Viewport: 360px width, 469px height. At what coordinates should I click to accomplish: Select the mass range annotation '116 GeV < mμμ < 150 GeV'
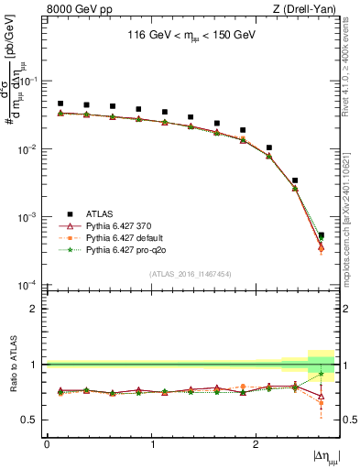pyautogui.click(x=191, y=38)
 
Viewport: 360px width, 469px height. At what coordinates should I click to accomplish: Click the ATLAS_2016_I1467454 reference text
pyautogui.click(x=191, y=275)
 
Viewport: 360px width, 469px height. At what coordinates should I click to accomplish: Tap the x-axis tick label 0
pyautogui.click(x=47, y=444)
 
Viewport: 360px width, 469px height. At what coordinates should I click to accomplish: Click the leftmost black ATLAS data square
pyautogui.click(x=60, y=104)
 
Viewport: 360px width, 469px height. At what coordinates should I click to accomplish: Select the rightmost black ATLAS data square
pyautogui.click(x=321, y=235)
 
